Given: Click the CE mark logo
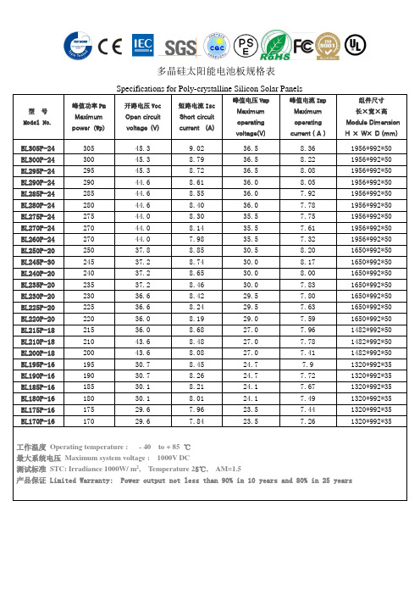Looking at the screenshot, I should coord(110,44).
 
